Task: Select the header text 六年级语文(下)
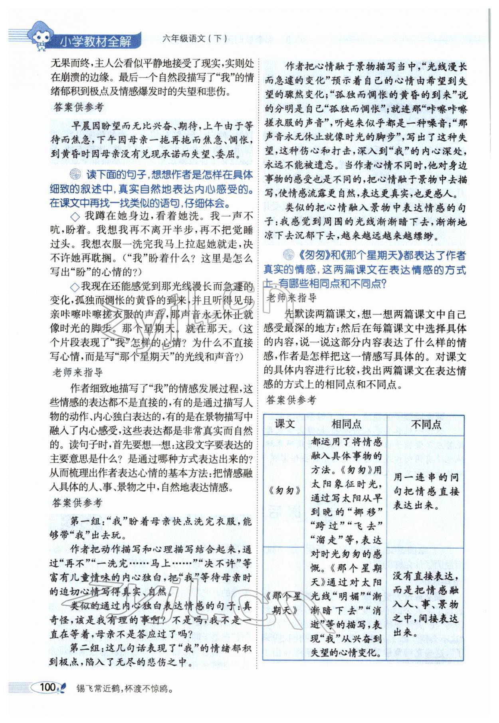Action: tap(195, 38)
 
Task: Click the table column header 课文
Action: tap(285, 424)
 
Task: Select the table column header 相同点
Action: tap(346, 424)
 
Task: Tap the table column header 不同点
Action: tap(426, 424)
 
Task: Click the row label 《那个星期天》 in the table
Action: tap(284, 603)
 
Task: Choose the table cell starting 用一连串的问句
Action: tap(426, 491)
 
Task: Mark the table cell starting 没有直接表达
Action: tap(426, 604)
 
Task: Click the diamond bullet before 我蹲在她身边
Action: tap(75, 217)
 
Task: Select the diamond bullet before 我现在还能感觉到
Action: tap(75, 287)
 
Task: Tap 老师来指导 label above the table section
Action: tap(291, 298)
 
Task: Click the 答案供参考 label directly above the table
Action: tap(291, 400)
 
